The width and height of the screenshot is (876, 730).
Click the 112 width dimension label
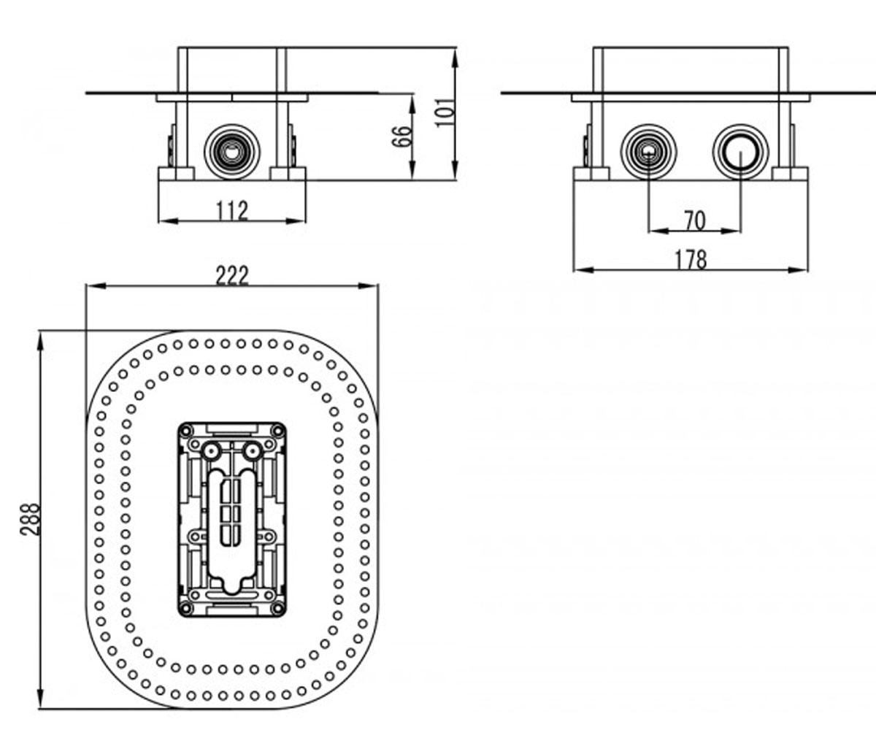click(232, 211)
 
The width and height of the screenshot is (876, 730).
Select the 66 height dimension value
click(402, 136)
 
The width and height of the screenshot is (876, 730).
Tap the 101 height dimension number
click(445, 112)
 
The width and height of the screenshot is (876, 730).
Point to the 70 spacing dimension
click(695, 220)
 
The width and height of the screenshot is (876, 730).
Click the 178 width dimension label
click(691, 260)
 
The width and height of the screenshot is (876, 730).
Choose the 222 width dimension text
click(232, 276)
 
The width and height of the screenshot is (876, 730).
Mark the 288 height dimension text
click(30, 519)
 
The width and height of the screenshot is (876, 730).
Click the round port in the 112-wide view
click(232, 151)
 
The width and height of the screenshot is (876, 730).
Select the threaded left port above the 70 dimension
click(649, 151)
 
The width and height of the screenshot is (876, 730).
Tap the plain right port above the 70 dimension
click(741, 151)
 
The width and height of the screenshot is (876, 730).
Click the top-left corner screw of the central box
click(186, 431)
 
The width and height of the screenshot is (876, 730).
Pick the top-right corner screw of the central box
click(277, 431)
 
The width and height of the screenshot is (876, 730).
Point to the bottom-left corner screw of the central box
click(186, 608)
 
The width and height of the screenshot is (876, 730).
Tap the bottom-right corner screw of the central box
click(277, 608)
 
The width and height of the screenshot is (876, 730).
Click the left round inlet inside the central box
click(212, 452)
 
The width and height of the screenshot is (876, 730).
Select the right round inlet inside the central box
click(252, 452)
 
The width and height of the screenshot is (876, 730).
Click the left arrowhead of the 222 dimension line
click(95, 285)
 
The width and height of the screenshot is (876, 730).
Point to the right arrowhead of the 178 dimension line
click(798, 270)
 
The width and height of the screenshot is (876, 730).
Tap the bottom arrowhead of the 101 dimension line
click(456, 170)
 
